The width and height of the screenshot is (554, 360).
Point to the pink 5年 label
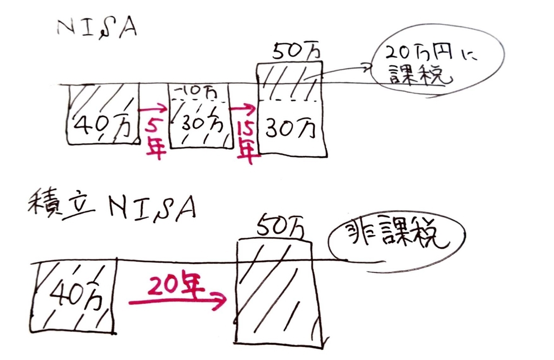tap(155, 138)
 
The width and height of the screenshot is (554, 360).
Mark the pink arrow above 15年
tap(242, 109)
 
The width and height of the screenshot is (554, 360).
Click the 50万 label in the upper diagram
tap(296, 52)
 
